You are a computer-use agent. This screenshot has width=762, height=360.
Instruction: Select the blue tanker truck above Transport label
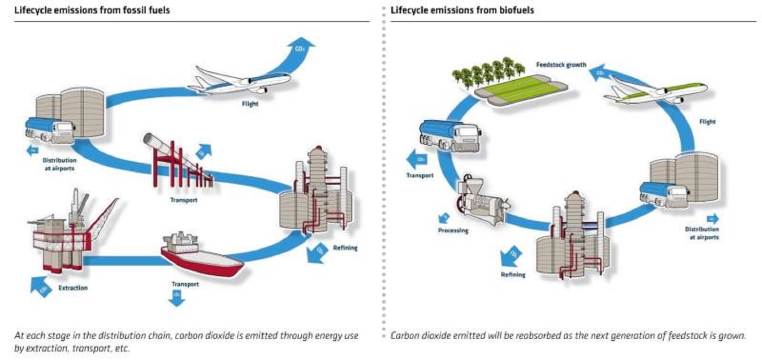[450, 134]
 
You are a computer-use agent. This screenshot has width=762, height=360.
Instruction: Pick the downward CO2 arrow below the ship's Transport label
[177, 298]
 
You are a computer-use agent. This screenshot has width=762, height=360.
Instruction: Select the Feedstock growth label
[561, 65]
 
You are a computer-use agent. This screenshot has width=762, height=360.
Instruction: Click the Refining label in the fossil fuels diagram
[345, 247]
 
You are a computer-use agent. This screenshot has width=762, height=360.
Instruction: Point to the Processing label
[453, 230]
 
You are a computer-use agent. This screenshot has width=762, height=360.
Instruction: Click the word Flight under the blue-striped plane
[250, 104]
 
